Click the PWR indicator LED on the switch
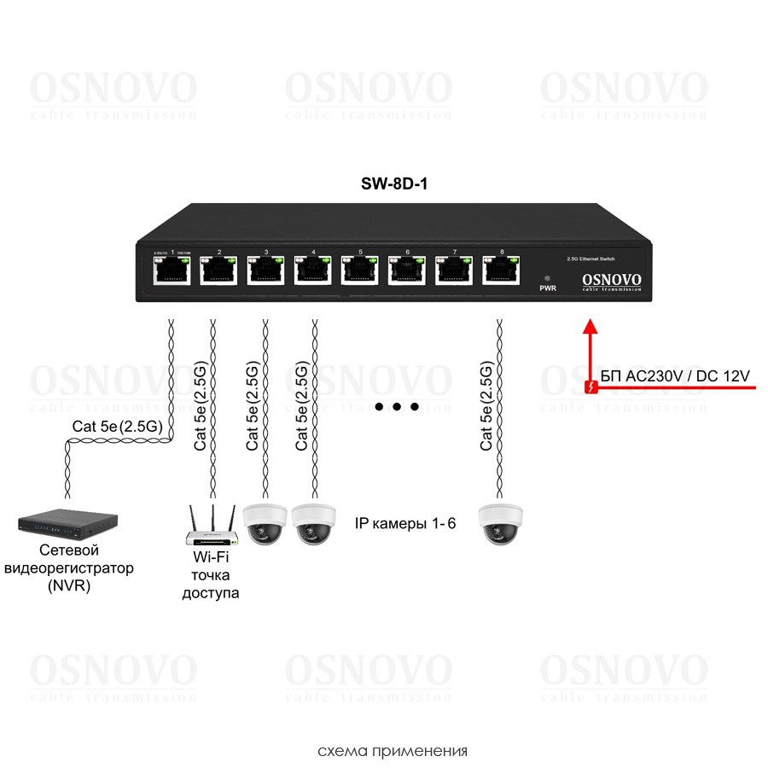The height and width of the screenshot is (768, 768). (x=547, y=278)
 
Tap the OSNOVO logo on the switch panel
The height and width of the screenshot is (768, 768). (x=611, y=280)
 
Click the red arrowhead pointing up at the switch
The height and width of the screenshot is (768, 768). (x=588, y=326)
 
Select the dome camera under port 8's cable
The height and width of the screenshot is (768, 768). (x=500, y=522)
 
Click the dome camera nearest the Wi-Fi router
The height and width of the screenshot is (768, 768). (x=265, y=522)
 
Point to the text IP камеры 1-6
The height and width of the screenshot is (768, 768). (x=405, y=523)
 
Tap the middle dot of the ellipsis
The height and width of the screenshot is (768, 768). (x=398, y=407)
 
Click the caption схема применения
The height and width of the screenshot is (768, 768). (x=393, y=752)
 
